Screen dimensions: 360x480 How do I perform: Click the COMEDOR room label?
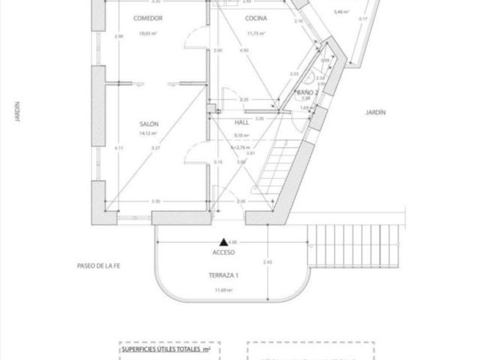coord(148,18)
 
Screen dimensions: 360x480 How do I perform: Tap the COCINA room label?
coord(256,18)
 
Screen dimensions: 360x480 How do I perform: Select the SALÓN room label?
coord(149,123)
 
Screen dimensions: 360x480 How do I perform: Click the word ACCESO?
coord(223,252)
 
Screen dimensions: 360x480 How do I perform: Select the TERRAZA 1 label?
coord(223,275)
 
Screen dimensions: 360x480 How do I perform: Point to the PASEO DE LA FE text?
coord(101,266)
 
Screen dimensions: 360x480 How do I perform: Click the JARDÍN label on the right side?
coord(375,113)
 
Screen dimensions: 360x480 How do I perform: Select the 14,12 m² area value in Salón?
coord(148,134)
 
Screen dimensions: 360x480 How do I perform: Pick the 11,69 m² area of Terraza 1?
coord(223,290)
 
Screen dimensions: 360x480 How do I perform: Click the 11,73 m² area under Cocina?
coord(256,33)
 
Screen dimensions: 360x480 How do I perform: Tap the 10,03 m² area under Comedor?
coord(148,33)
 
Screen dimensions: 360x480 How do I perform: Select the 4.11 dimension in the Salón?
coord(119,148)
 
